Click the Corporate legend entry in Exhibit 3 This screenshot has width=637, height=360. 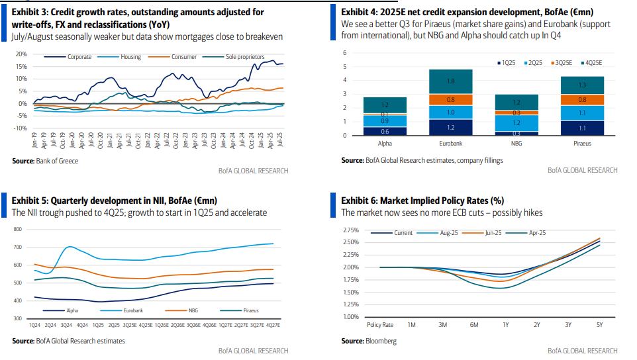(x=79, y=57)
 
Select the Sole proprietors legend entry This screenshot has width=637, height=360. (x=244, y=57)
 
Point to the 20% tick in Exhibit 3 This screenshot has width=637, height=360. (x=21, y=54)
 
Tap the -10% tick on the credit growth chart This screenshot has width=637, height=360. (x=20, y=128)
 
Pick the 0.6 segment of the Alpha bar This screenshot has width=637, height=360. (x=385, y=131)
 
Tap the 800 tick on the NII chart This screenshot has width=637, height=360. (x=17, y=229)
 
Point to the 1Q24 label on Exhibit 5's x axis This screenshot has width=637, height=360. (x=34, y=325)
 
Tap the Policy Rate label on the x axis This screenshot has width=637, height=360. (x=380, y=325)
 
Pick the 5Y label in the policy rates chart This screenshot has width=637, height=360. (x=600, y=325)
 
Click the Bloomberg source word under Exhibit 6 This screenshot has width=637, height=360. (x=381, y=341)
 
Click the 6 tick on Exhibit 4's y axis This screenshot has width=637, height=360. (x=345, y=53)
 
